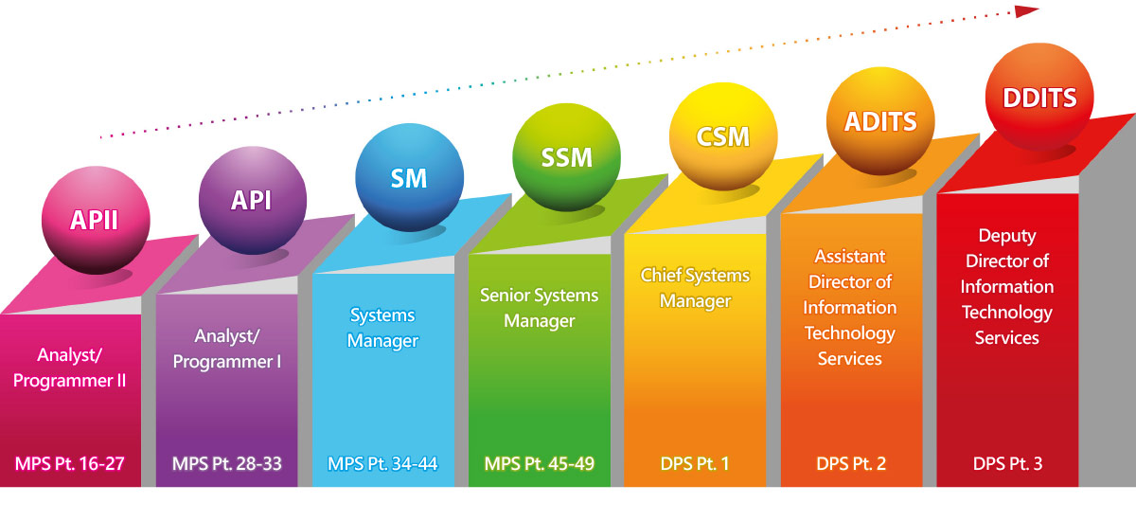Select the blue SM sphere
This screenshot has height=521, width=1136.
pos(409,177)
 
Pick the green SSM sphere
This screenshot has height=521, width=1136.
pos(566,155)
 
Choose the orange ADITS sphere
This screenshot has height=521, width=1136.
pos(880,119)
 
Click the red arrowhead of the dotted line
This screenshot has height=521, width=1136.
pos(1027,11)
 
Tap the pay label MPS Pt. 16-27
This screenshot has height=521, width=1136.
pos(70,464)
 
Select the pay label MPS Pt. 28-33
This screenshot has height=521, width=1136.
pos(227,464)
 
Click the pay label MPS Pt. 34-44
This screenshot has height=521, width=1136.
pos(383,464)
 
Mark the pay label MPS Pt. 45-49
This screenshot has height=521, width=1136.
pos(541,464)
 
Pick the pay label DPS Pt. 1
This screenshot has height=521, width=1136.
pos(696,464)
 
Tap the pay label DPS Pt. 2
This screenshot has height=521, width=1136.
pos(852,464)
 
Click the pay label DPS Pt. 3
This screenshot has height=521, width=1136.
pos(1008,464)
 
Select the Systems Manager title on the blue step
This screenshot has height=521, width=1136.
pos(382,328)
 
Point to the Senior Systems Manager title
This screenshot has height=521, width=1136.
pos(540,308)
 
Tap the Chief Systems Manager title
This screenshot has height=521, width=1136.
pos(695,288)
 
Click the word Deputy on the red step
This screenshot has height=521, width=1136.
pos(1007,236)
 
